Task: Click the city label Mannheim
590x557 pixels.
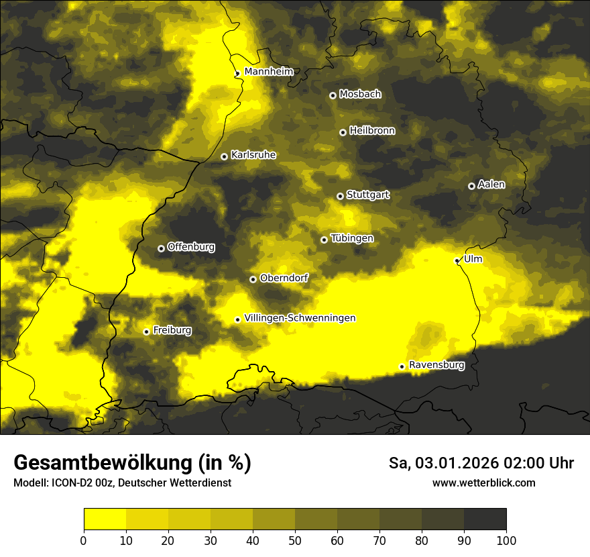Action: (269, 71)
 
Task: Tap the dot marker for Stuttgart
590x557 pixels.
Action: (340, 196)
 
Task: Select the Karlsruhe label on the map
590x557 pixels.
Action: (253, 155)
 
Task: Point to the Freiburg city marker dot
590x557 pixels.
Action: (146, 332)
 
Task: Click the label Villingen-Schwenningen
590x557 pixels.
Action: (300, 318)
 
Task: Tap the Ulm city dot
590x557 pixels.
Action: (457, 260)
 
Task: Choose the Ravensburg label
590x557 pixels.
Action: (436, 365)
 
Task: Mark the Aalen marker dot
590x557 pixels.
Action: (471, 186)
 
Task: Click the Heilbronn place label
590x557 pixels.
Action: (372, 131)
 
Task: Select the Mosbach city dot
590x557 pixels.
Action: (333, 95)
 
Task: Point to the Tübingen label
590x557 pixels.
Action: (352, 238)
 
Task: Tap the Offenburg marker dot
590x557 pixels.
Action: (161, 248)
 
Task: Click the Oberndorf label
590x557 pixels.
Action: (284, 278)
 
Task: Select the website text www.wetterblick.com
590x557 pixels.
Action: (483, 483)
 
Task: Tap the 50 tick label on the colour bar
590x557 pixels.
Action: (295, 540)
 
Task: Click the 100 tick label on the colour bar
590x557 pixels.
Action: (506, 540)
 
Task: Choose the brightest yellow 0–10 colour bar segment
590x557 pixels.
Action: (105, 519)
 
